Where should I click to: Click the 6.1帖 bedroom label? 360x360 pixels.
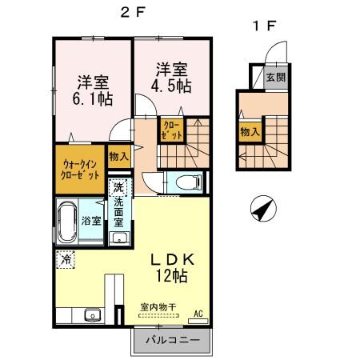[x=94, y=90]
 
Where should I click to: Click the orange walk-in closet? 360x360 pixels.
[x=80, y=169]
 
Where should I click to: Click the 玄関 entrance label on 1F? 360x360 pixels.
[x=275, y=78]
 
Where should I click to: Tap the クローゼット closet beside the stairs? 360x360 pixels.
[x=171, y=130]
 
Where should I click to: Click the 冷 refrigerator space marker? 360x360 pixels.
[x=65, y=260]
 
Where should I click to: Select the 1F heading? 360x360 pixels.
[x=264, y=25]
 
